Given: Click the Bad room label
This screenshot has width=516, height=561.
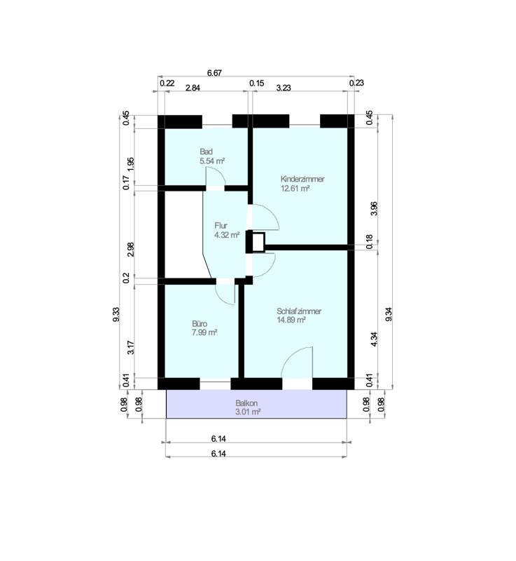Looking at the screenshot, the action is click(206, 151).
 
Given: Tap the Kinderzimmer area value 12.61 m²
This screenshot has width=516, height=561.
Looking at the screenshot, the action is click(295, 188).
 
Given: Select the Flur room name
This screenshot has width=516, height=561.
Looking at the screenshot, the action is click(221, 226).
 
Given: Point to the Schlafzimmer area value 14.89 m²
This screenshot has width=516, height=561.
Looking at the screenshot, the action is click(291, 320).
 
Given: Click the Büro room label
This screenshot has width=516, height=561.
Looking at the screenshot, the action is click(200, 324).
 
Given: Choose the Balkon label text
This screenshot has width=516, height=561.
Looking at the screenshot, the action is click(246, 403).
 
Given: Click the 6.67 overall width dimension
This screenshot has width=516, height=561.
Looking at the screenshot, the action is click(214, 73).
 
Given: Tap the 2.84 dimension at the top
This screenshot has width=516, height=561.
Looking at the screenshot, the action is click(193, 88).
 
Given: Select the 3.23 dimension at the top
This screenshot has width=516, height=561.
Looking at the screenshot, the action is click(284, 88).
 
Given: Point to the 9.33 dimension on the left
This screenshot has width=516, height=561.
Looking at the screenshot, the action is click(116, 314).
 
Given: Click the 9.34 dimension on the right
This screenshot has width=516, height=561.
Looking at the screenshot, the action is click(389, 314).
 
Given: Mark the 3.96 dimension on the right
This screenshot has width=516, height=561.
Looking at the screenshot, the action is click(373, 208).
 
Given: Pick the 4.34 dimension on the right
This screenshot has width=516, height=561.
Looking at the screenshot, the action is click(373, 339).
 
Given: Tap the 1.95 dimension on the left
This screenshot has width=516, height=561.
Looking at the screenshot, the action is click(131, 164).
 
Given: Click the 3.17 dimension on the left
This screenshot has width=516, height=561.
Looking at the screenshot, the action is click(131, 347).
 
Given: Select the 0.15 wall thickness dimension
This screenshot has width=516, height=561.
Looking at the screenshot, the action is click(256, 83).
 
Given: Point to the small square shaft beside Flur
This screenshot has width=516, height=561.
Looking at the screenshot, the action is click(258, 242).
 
